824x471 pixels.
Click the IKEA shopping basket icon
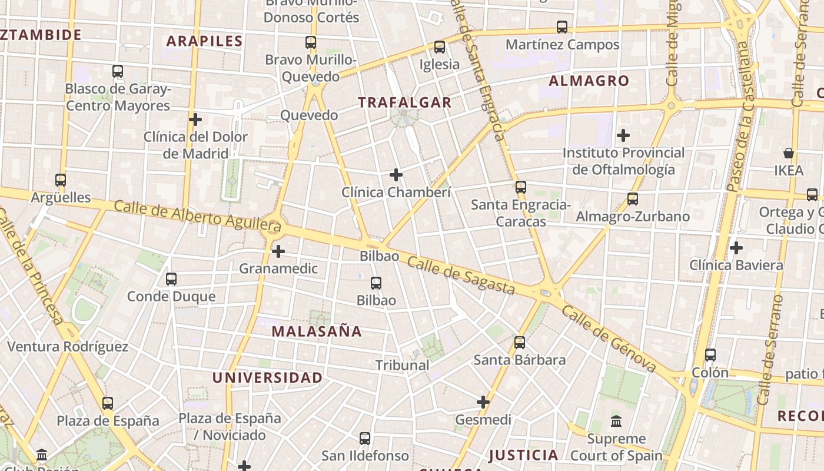(789, 154)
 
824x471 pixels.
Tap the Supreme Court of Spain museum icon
(616, 422)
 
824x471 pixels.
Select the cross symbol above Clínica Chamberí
(396, 175)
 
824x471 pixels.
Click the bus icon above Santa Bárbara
(519, 343)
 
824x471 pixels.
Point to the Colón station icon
(710, 355)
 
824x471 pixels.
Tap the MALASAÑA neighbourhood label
(317, 331)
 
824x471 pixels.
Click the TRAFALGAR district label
(405, 102)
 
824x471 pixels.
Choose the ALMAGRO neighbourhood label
(589, 81)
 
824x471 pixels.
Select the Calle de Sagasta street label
(461, 276)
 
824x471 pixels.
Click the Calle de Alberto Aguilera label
(198, 215)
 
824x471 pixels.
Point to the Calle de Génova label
(609, 339)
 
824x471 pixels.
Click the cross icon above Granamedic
(278, 252)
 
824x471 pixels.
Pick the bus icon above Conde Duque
(171, 279)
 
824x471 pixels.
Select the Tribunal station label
(403, 365)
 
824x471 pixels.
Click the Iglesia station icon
(440, 47)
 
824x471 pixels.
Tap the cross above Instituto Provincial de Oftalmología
(623, 135)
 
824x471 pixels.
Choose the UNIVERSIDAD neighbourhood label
(267, 378)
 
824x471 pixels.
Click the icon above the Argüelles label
(61, 180)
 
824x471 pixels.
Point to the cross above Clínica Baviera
(736, 248)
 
